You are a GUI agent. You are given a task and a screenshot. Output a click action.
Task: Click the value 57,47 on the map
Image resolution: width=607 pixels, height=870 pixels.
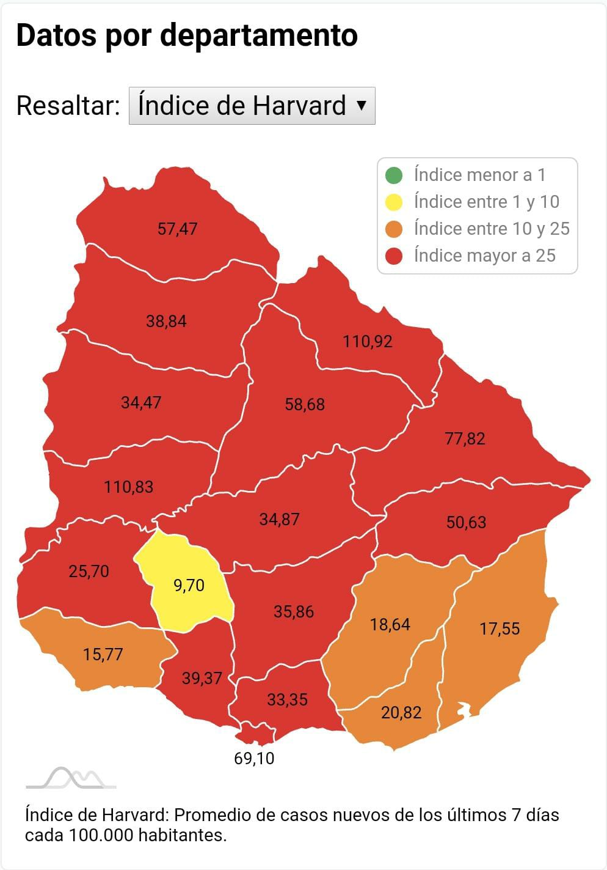coord(177,229)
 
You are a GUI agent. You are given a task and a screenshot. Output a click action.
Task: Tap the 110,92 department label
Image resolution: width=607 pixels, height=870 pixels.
coord(367,341)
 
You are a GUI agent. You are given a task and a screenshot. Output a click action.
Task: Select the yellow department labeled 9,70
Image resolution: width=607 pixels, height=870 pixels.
coord(189,585)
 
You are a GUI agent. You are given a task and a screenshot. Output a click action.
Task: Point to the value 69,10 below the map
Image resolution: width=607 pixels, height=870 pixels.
coord(254,758)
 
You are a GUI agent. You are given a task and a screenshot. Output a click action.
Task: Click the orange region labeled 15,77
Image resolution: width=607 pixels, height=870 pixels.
coord(103,654)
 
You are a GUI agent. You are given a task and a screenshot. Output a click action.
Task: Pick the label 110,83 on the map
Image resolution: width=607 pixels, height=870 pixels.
coord(128,487)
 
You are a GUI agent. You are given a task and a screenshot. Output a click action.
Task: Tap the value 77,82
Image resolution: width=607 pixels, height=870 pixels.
coord(465,438)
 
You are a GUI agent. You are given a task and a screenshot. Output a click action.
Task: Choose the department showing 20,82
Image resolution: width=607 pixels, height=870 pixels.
coord(401,712)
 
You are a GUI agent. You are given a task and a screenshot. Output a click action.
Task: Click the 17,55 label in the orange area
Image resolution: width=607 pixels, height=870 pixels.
coord(499,629)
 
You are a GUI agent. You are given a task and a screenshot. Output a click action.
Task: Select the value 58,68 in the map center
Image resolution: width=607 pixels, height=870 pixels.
coord(305,404)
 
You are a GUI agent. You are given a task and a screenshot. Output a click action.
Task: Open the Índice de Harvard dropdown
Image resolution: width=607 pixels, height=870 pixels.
coord(252,106)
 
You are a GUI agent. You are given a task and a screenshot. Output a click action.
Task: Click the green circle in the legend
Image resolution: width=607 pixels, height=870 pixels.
coord(394,175)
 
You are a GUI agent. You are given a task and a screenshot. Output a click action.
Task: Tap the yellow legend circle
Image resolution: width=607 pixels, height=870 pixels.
coord(394,202)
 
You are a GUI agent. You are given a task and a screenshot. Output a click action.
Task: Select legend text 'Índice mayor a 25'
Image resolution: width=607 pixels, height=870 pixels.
coord(484,256)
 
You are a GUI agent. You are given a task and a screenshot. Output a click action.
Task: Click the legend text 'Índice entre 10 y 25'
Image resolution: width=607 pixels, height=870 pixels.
coord(491,229)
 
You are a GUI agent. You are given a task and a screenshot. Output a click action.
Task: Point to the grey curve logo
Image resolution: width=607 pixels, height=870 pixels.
coord(71,778)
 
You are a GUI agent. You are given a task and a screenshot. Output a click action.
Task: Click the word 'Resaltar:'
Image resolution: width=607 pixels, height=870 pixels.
coord(68,106)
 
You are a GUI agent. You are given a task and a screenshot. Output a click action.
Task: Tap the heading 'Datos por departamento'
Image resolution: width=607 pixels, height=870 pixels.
coord(186,35)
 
